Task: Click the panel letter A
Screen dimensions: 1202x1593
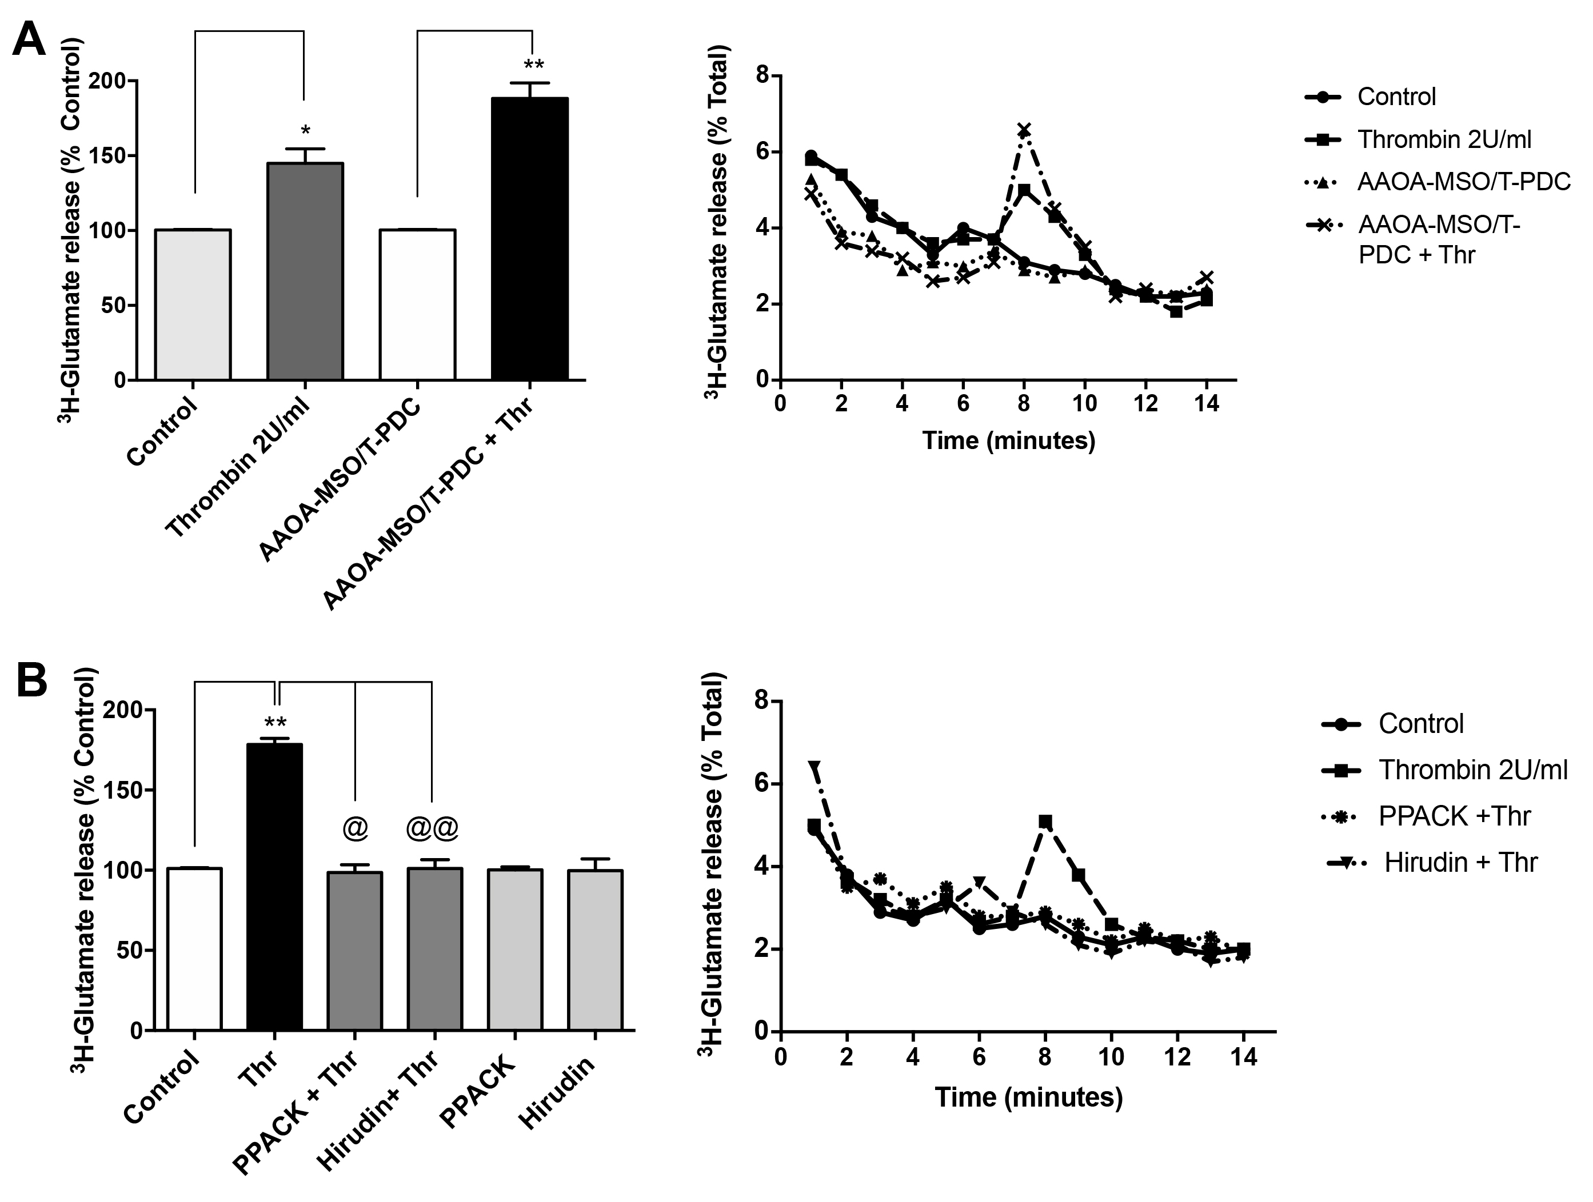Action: pyautogui.click(x=29, y=39)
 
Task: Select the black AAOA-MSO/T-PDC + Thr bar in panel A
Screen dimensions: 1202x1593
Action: pyautogui.click(x=529, y=238)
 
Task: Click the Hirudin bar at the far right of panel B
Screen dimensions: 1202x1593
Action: pyautogui.click(x=595, y=949)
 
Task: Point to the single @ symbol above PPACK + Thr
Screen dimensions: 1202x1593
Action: pyautogui.click(x=355, y=828)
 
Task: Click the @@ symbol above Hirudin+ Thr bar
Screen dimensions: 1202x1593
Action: pyautogui.click(x=432, y=828)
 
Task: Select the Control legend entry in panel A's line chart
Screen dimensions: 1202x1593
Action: pyautogui.click(x=1396, y=97)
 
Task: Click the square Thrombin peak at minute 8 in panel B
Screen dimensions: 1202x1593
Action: pyautogui.click(x=1045, y=822)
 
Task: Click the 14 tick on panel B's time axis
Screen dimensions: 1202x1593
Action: pyautogui.click(x=1244, y=1057)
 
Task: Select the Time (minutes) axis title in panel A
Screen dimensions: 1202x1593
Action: pyautogui.click(x=1008, y=440)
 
